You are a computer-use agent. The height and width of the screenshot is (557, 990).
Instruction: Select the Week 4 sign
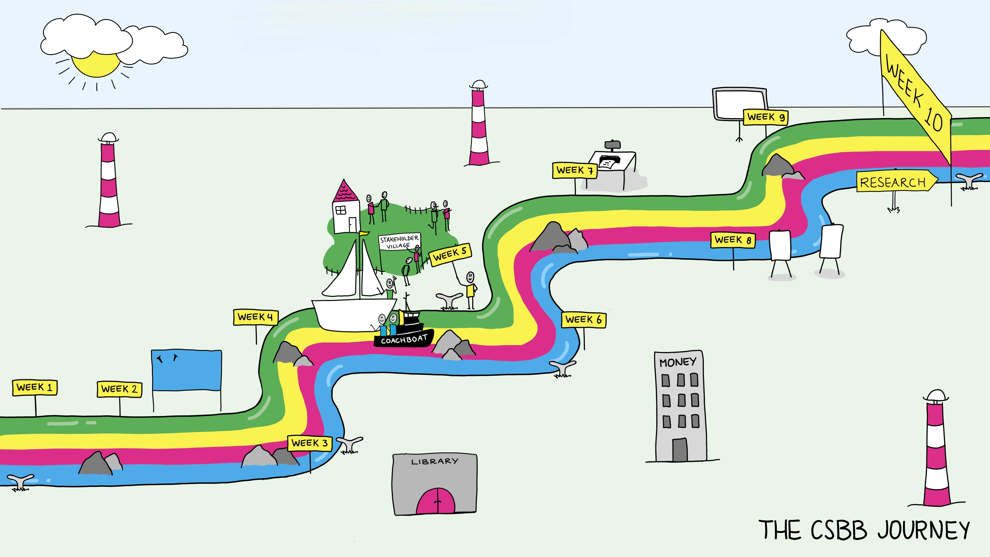coord(256,317)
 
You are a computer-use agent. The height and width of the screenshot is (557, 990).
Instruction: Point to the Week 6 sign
coord(584,319)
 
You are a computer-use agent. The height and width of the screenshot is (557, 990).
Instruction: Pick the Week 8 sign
coord(733,240)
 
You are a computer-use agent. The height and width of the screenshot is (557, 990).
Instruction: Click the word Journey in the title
coord(924,531)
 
